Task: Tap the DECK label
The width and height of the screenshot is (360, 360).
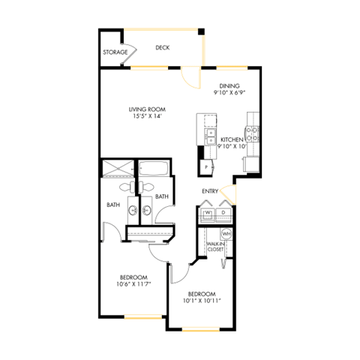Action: coord(162,48)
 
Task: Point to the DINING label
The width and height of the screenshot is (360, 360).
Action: coord(229,85)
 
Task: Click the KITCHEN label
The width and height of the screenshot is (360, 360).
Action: coord(232,139)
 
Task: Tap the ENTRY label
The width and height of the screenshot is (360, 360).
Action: coord(210,191)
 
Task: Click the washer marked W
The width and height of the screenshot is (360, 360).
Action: coord(208,213)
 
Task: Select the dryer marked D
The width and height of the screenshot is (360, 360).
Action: coord(223,213)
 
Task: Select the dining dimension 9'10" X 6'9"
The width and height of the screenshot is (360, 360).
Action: coord(229,93)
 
